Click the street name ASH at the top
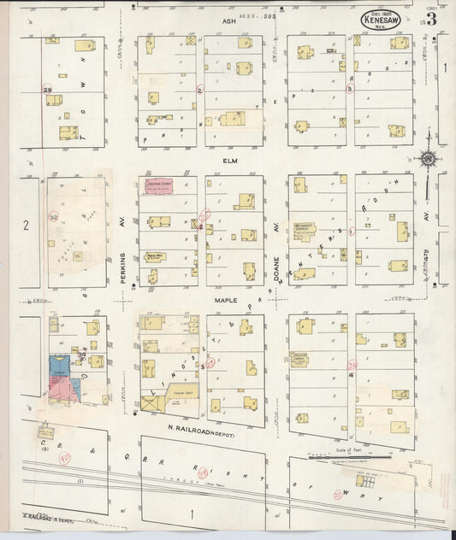pos(228,19)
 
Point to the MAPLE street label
pos(227,301)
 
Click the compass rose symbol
pos(426,158)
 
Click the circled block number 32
pos(55,218)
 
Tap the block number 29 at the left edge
pos(48,89)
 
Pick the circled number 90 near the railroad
pos(63,458)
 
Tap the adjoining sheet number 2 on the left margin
pos(27,225)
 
